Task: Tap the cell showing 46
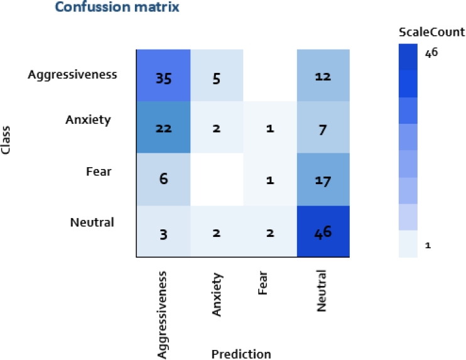click(x=323, y=231)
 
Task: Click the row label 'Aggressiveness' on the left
click(x=72, y=75)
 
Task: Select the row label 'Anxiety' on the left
click(x=89, y=119)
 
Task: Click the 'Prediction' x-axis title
click(x=241, y=354)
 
